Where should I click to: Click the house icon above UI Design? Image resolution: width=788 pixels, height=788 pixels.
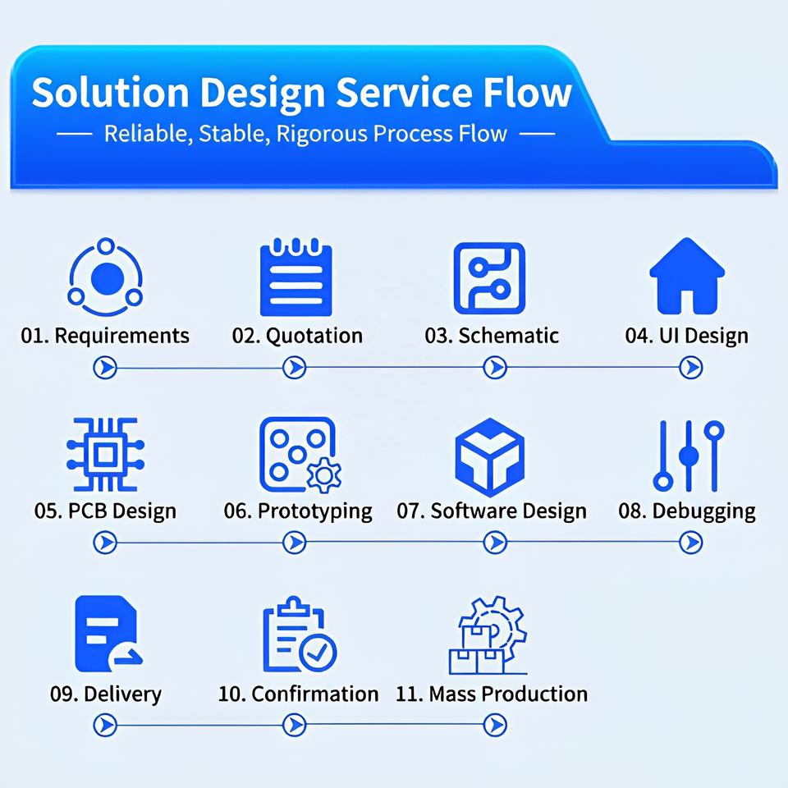pyautogui.click(x=687, y=277)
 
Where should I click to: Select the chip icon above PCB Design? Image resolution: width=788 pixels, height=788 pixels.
pyautogui.click(x=106, y=454)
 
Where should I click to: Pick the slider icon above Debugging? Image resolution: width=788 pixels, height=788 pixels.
pyautogui.click(x=689, y=456)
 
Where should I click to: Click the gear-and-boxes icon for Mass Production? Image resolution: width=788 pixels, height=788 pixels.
pyautogui.click(x=488, y=635)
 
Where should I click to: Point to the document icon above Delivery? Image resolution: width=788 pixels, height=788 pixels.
pyautogui.click(x=108, y=634)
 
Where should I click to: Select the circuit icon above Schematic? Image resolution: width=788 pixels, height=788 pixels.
pyautogui.click(x=489, y=278)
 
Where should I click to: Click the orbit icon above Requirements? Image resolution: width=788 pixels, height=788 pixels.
pyautogui.click(x=106, y=277)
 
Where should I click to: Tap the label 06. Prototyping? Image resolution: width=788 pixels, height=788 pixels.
pyautogui.click(x=298, y=511)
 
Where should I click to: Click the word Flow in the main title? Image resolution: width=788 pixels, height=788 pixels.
pyautogui.click(x=527, y=93)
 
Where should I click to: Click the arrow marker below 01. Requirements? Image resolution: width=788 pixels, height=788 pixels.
pyautogui.click(x=105, y=368)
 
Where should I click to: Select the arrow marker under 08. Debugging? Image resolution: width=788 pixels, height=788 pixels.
pyautogui.click(x=691, y=543)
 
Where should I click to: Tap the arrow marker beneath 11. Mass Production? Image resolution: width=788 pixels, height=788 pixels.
pyautogui.click(x=495, y=725)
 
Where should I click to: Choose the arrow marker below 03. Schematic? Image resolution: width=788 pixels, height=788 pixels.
pyautogui.click(x=495, y=368)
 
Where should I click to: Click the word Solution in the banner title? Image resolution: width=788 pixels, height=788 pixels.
pyautogui.click(x=110, y=93)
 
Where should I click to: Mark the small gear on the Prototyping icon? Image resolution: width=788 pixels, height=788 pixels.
pyautogui.click(x=324, y=475)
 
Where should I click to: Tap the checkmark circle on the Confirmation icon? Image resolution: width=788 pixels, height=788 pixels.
pyautogui.click(x=318, y=653)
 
